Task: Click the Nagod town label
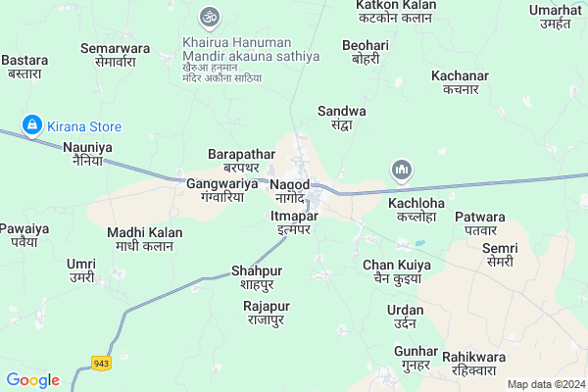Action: click(290, 190)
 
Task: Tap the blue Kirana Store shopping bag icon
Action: click(32, 125)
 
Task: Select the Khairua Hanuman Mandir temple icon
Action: click(207, 17)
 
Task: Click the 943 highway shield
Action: click(101, 364)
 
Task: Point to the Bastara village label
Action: click(24, 66)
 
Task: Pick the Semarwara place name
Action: click(115, 54)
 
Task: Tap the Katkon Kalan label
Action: click(395, 12)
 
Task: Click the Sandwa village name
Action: click(342, 118)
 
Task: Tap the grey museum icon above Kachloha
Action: click(401, 171)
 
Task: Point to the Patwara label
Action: click(479, 222)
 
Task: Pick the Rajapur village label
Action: click(265, 313)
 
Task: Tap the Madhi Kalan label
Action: click(139, 238)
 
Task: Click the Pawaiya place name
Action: click(19, 234)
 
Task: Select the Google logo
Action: click(32, 380)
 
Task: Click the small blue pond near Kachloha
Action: click(420, 243)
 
